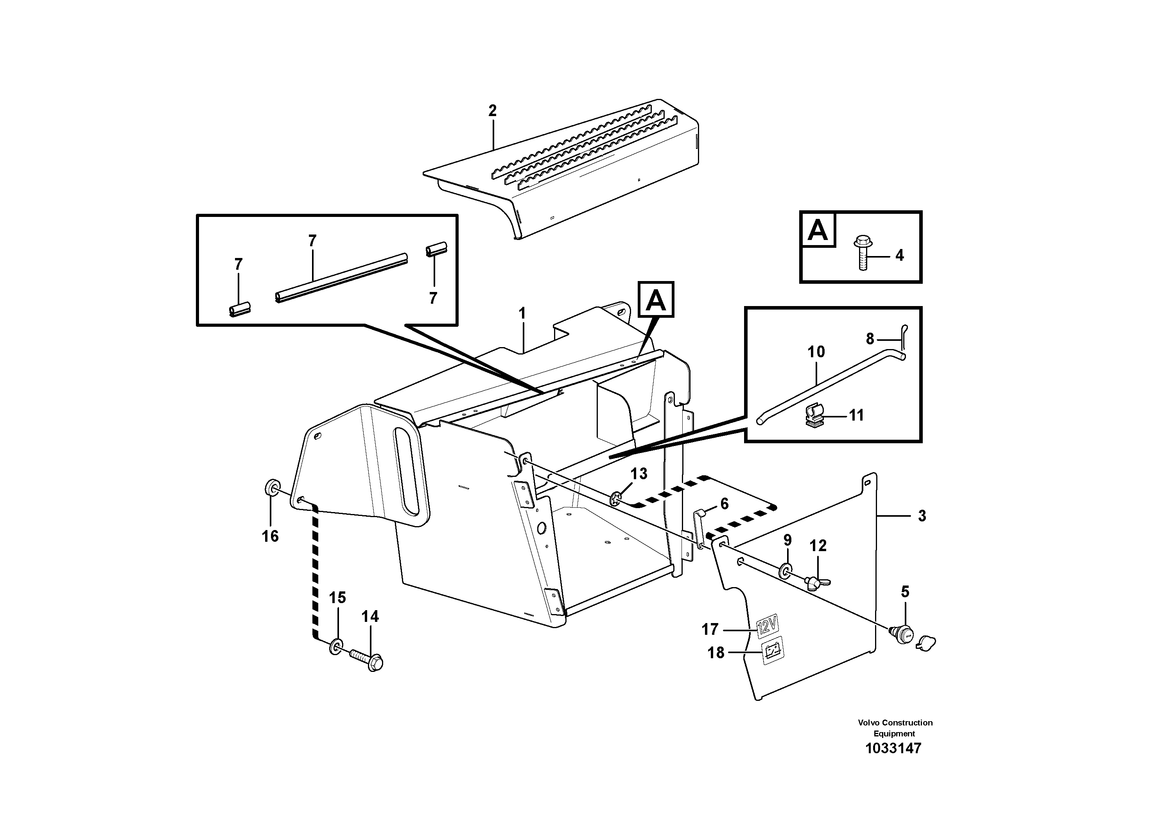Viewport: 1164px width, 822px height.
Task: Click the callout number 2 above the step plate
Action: click(x=492, y=111)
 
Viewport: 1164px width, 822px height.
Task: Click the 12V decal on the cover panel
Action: click(x=766, y=627)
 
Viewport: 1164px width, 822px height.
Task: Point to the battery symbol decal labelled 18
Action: click(x=773, y=650)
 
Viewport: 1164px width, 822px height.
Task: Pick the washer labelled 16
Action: click(x=271, y=489)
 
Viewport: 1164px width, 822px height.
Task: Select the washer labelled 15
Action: click(x=335, y=646)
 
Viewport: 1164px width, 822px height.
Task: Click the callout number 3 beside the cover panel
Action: click(x=922, y=516)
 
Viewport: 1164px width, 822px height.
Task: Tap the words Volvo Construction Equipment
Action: click(x=895, y=728)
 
